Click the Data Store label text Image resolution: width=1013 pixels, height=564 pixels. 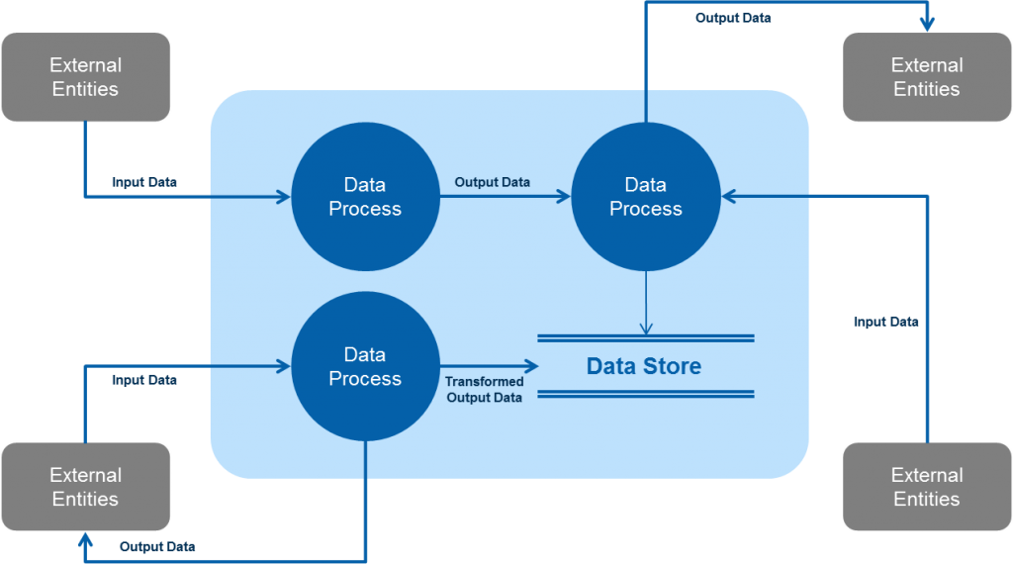[644, 366]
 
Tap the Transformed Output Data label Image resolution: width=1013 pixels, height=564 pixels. [484, 389]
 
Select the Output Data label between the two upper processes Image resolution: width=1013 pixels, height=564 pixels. [492, 182]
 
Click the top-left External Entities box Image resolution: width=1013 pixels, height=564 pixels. [86, 77]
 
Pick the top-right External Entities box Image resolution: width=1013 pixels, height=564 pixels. [927, 77]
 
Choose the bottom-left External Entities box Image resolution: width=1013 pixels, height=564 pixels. [86, 487]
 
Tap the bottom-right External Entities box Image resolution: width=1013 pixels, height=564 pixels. [927, 487]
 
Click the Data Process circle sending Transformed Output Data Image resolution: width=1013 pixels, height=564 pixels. [365, 366]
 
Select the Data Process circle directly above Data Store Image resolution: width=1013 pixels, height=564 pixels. [646, 196]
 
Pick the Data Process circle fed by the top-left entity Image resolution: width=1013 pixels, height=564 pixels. [365, 196]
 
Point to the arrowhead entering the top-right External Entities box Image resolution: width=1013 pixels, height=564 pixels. [927, 23]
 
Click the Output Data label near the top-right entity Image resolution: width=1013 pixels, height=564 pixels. [733, 18]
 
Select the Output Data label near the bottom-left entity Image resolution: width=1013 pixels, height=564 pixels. [157, 546]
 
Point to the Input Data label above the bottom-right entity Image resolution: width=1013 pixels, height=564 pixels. [885, 322]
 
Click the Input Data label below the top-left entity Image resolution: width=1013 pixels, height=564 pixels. [144, 182]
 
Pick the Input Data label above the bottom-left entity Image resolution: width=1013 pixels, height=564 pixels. [144, 380]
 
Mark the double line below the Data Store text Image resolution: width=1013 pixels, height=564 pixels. [646, 394]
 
